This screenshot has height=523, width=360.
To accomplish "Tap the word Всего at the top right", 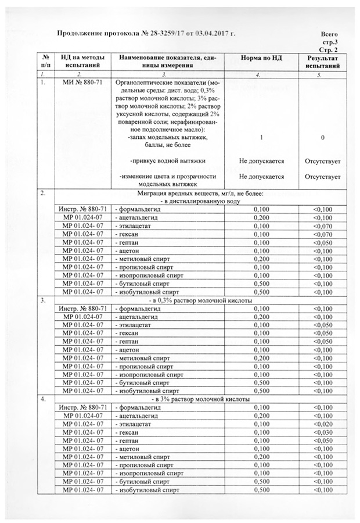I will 329,35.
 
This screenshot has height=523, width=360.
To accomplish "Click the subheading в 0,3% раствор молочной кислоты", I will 200,301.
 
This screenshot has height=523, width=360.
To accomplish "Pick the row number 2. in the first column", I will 42,193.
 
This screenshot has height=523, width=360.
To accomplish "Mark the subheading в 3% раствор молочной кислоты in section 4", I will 200,400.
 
